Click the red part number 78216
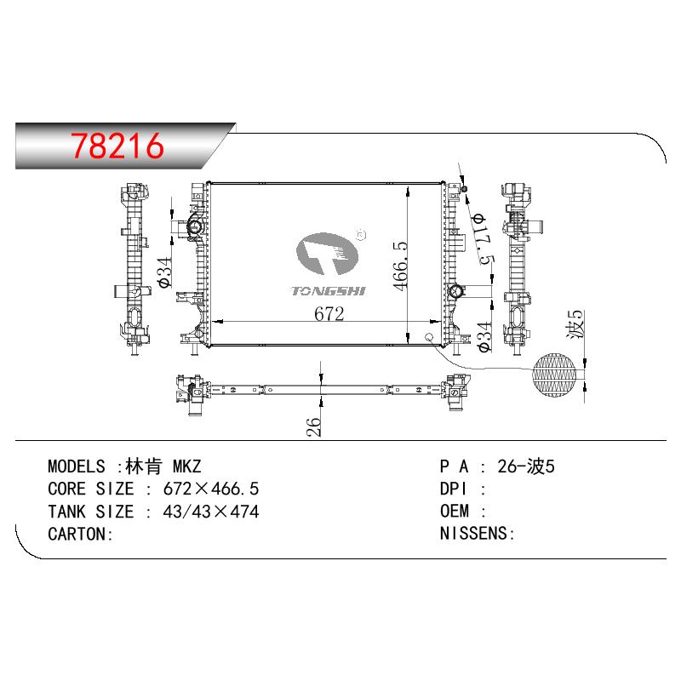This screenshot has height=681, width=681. (x=117, y=146)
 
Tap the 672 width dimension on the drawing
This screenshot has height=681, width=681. (x=329, y=313)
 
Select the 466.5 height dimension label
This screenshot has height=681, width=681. (x=400, y=266)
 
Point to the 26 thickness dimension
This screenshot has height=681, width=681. (x=313, y=426)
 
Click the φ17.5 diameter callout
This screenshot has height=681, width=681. (x=484, y=238)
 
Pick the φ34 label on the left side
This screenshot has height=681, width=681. (x=165, y=272)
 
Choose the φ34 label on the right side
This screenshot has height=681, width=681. (x=484, y=336)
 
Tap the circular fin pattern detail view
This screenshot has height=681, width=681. (x=555, y=375)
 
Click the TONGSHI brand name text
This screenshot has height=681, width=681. (x=329, y=291)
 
